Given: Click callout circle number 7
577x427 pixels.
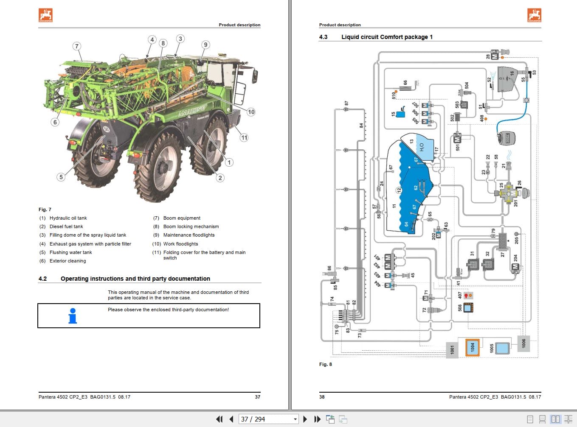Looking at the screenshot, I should (76, 46).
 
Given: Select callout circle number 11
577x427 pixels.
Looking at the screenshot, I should (244, 137).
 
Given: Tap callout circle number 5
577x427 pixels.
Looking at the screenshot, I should (61, 177).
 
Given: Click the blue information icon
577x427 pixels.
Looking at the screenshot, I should (73, 316).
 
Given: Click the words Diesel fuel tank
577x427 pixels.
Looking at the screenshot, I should (66, 226).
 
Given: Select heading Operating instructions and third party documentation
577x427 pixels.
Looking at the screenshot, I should (135, 279).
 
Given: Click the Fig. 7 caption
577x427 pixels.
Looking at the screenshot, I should (45, 209).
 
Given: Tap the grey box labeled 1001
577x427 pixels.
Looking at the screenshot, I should (452, 349).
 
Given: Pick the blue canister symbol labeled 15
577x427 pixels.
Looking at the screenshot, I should (400, 114).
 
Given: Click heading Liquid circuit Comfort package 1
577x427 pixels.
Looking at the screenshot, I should (387, 37).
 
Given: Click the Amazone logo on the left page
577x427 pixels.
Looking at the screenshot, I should (45, 15).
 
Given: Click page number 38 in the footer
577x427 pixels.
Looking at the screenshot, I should (322, 397).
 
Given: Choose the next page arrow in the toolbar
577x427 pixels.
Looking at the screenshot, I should (305, 419).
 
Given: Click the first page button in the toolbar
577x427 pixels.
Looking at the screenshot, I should (219, 419).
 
